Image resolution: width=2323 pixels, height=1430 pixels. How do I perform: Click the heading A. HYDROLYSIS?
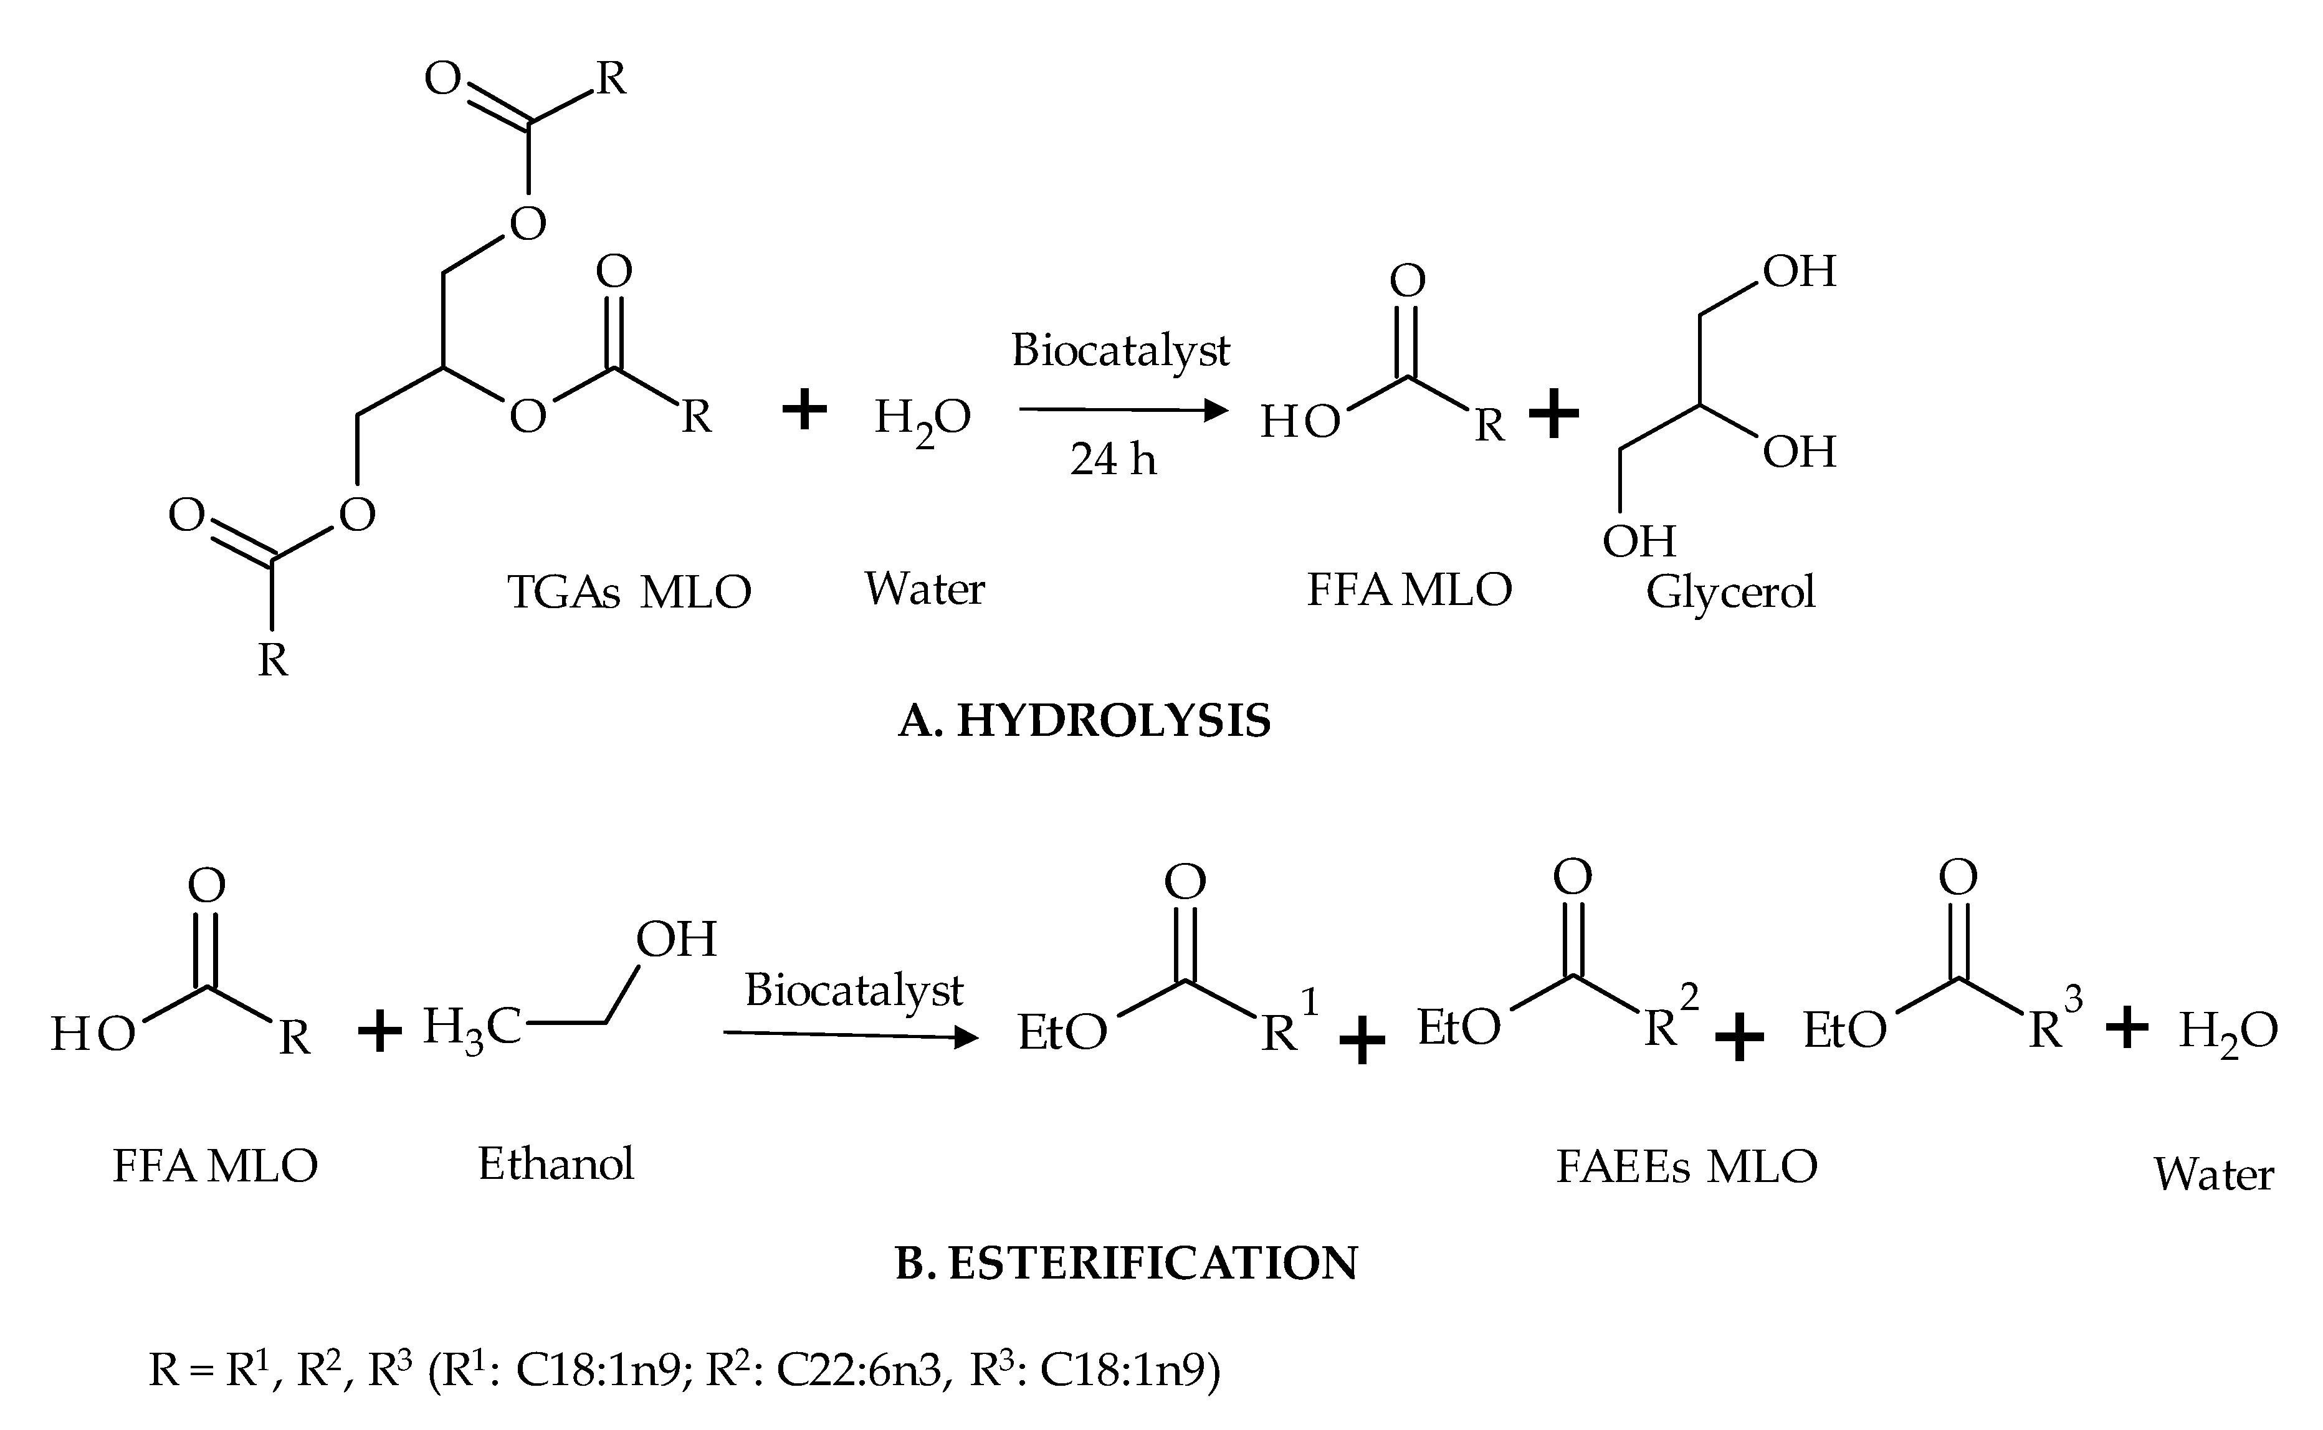pos(1084,722)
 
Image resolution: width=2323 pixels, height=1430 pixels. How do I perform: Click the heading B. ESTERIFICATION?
pos(1125,1264)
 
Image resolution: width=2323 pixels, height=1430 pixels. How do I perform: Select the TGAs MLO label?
pos(629,593)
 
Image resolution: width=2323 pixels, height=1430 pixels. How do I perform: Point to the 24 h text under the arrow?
pos(1114,460)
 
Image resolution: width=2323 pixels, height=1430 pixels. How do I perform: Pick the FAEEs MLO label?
pos(1686,1167)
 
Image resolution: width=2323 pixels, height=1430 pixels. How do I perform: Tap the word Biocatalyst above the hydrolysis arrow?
pos(1121,351)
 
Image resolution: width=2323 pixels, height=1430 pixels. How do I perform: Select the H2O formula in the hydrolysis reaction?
pos(922,419)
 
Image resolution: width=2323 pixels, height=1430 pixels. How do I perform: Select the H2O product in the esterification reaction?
pos(2228,1033)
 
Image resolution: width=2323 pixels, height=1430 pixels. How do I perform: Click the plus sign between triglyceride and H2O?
pos(805,411)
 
